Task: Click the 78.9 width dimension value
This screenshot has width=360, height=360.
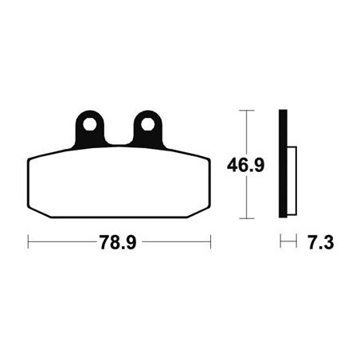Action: pyautogui.click(x=118, y=242)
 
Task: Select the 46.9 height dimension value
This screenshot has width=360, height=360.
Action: pyautogui.click(x=245, y=165)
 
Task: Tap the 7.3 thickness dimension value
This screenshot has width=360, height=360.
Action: pyautogui.click(x=321, y=242)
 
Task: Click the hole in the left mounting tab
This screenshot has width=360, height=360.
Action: pyautogui.click(x=90, y=124)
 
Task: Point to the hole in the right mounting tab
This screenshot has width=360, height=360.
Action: pyautogui.click(x=147, y=124)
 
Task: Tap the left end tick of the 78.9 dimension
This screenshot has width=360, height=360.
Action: pyautogui.click(x=28, y=241)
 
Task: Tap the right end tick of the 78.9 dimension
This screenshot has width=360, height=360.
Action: pyautogui.click(x=210, y=241)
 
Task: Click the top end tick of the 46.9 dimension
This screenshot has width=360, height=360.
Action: pyautogui.click(x=247, y=110)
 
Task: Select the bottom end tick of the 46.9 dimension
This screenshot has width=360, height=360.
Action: pyautogui.click(x=247, y=218)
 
